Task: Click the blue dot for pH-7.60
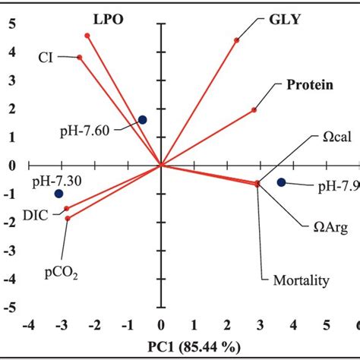[142, 119]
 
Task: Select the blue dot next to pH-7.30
[59, 194]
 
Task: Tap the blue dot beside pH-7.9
[281, 182]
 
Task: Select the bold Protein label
[308, 85]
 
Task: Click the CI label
[47, 56]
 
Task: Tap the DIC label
[36, 216]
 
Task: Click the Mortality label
[300, 280]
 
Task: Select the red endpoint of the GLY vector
[236, 40]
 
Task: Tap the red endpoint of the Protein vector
[254, 110]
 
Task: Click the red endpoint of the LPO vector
[87, 36]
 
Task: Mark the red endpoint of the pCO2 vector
[68, 218]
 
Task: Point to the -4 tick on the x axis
[28, 326]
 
